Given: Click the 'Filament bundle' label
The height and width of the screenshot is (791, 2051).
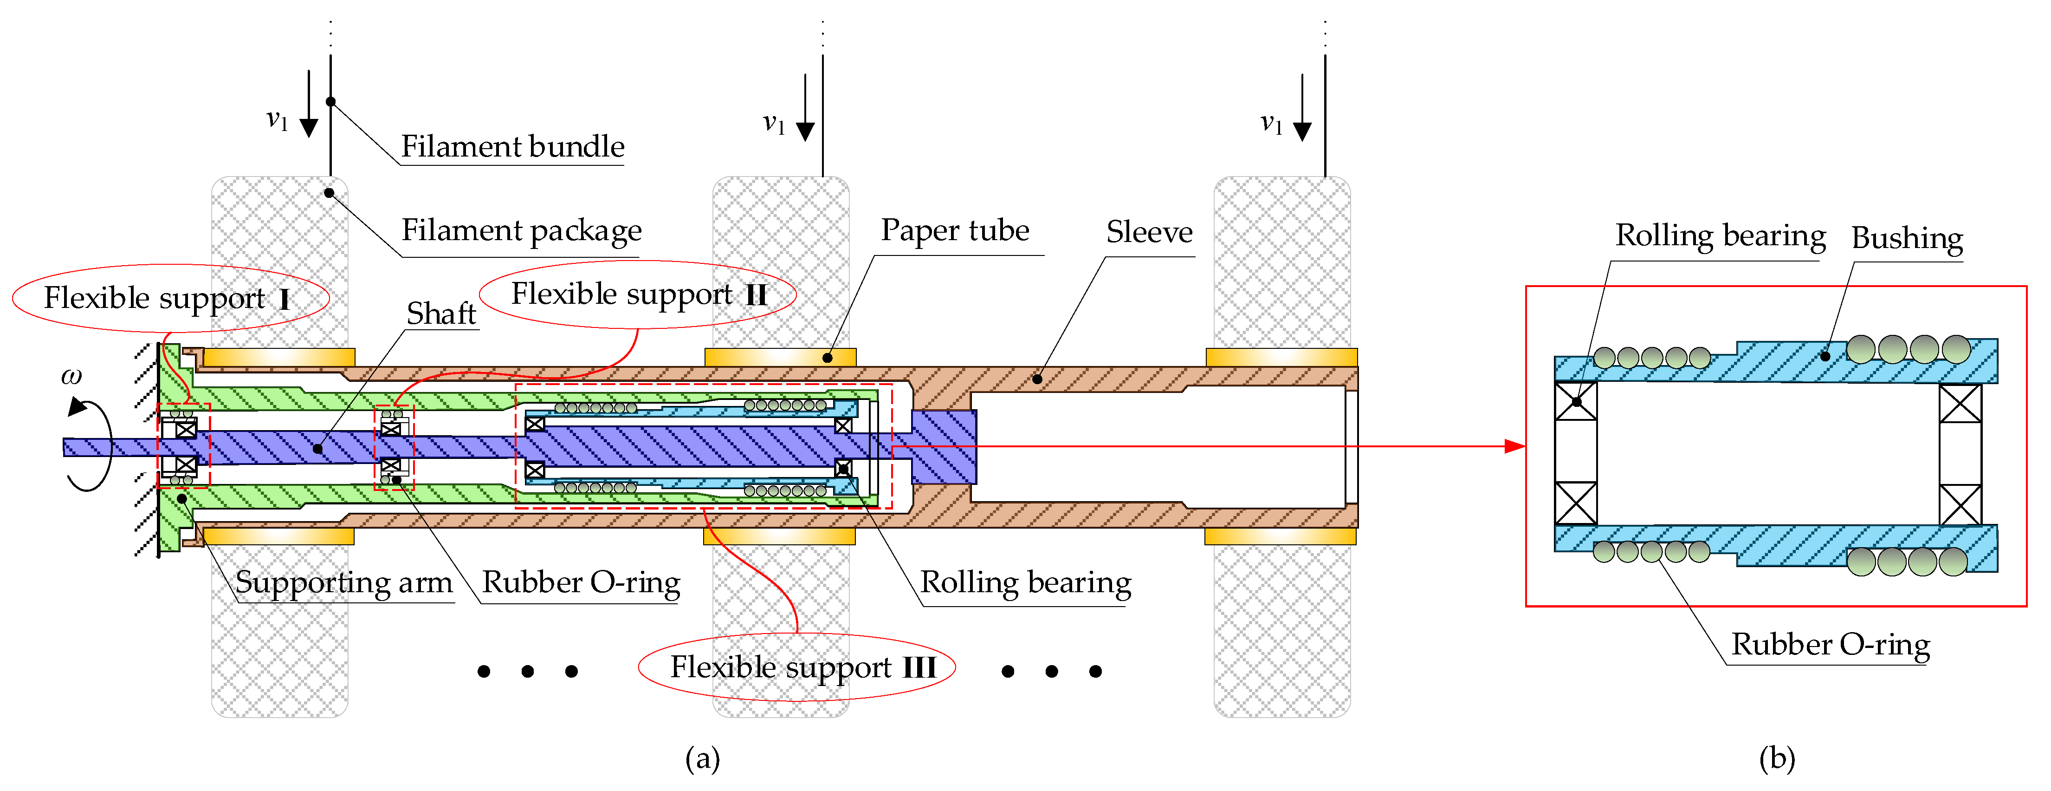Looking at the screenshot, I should pos(512,147).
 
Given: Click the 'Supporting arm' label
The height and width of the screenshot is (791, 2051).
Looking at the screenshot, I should pos(344,582).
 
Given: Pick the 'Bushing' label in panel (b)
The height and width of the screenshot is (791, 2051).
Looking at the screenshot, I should pos(1907,238).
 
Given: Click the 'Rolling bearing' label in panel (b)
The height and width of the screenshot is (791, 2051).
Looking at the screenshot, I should pos(1720,236).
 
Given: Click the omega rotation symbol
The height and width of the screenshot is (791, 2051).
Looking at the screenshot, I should pos(71,376).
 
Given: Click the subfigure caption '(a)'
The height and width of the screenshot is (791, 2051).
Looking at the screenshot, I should pos(702,758).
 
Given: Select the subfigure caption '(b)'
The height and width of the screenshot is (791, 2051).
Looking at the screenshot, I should pos(1777,758).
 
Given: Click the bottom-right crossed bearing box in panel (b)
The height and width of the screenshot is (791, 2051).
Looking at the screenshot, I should pos(1960,505).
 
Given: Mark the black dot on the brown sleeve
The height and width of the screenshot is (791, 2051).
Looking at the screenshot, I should pos(1037,379).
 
